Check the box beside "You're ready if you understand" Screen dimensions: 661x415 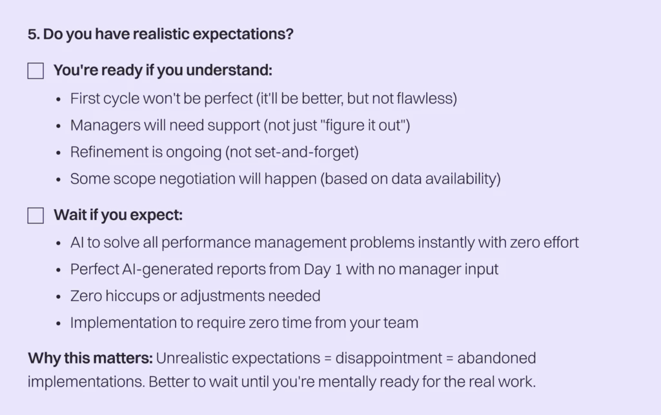[36, 71]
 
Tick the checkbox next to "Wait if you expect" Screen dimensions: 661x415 [36, 216]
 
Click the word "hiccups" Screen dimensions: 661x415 [132, 296]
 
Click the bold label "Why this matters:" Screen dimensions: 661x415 [90, 359]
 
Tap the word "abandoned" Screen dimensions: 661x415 [496, 359]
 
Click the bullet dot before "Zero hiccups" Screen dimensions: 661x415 [58, 297]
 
